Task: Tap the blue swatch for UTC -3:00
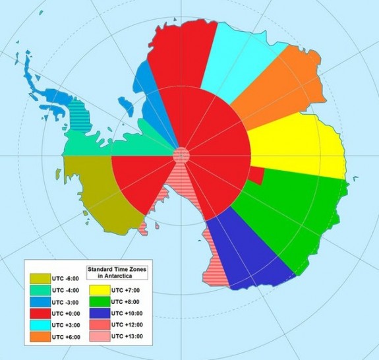(39, 303)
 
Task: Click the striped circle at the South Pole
(181, 156)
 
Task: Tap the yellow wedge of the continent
(297, 148)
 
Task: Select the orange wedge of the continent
(277, 82)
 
